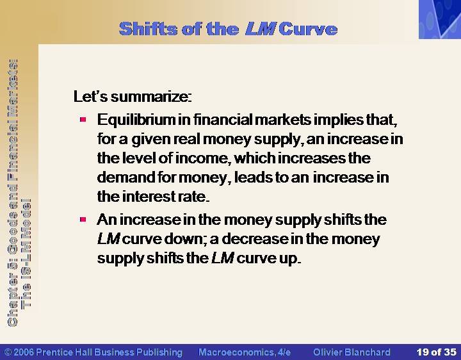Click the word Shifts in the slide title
click(x=149, y=29)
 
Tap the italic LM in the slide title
click(x=260, y=29)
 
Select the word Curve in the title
click(x=308, y=29)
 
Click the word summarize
click(x=151, y=97)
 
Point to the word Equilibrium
click(x=136, y=120)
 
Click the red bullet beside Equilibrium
click(x=83, y=119)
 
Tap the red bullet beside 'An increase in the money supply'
click(x=83, y=220)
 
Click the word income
click(x=202, y=158)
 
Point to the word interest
click(x=149, y=197)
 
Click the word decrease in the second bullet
click(x=255, y=239)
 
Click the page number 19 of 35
click(x=436, y=352)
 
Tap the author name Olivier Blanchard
click(x=352, y=352)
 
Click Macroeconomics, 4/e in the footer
click(x=245, y=352)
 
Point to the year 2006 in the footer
click(x=24, y=352)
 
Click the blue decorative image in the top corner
click(x=440, y=19)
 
